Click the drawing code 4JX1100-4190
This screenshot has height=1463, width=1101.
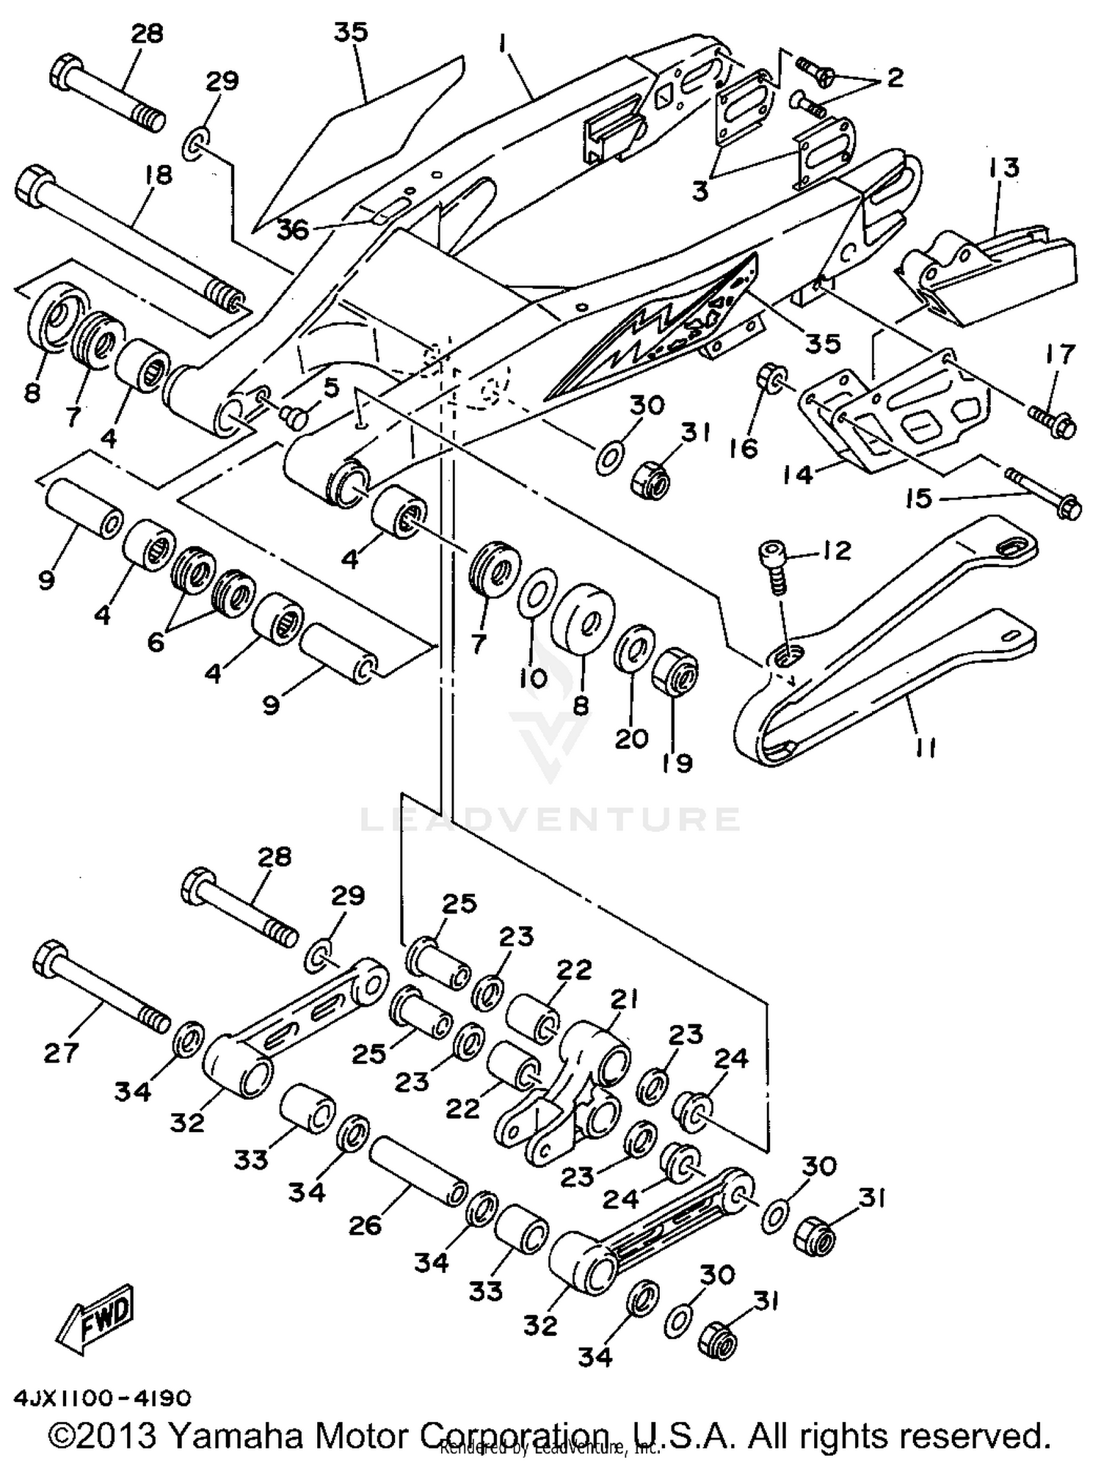click(101, 1397)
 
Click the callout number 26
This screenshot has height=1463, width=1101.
click(365, 1225)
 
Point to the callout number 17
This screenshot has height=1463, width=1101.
click(1058, 355)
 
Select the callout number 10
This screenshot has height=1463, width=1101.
click(534, 678)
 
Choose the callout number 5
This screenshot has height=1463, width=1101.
click(332, 387)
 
